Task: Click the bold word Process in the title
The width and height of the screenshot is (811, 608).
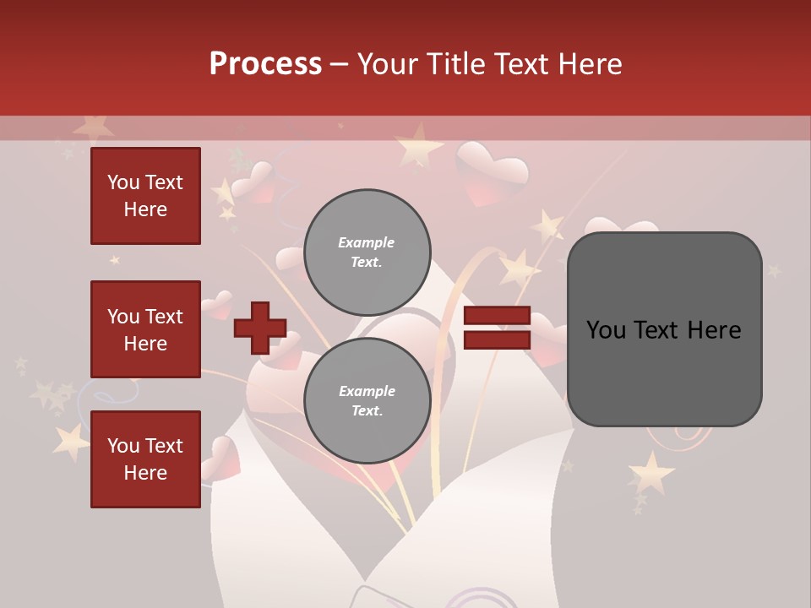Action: coord(265,64)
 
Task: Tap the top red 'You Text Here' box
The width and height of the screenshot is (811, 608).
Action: coord(145,196)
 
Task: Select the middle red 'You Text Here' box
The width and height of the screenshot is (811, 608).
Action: coord(145,329)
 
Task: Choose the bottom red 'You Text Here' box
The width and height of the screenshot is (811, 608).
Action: coord(145,459)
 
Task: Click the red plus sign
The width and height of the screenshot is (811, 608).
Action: coord(260,328)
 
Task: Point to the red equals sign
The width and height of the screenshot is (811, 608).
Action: coord(497,328)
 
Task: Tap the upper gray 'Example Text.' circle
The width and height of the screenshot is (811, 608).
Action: coord(367,252)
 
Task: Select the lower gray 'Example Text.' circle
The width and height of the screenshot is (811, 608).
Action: coord(367,401)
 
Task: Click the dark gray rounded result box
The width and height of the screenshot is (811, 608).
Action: coord(664,329)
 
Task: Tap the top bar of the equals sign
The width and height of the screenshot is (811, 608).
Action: coord(497,317)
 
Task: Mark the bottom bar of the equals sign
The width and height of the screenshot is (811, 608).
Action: coord(497,339)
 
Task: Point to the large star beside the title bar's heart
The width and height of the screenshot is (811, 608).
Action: coord(417,149)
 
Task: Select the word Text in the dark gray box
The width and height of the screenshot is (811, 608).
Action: coord(663,330)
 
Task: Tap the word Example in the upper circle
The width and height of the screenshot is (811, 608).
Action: coord(366,243)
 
